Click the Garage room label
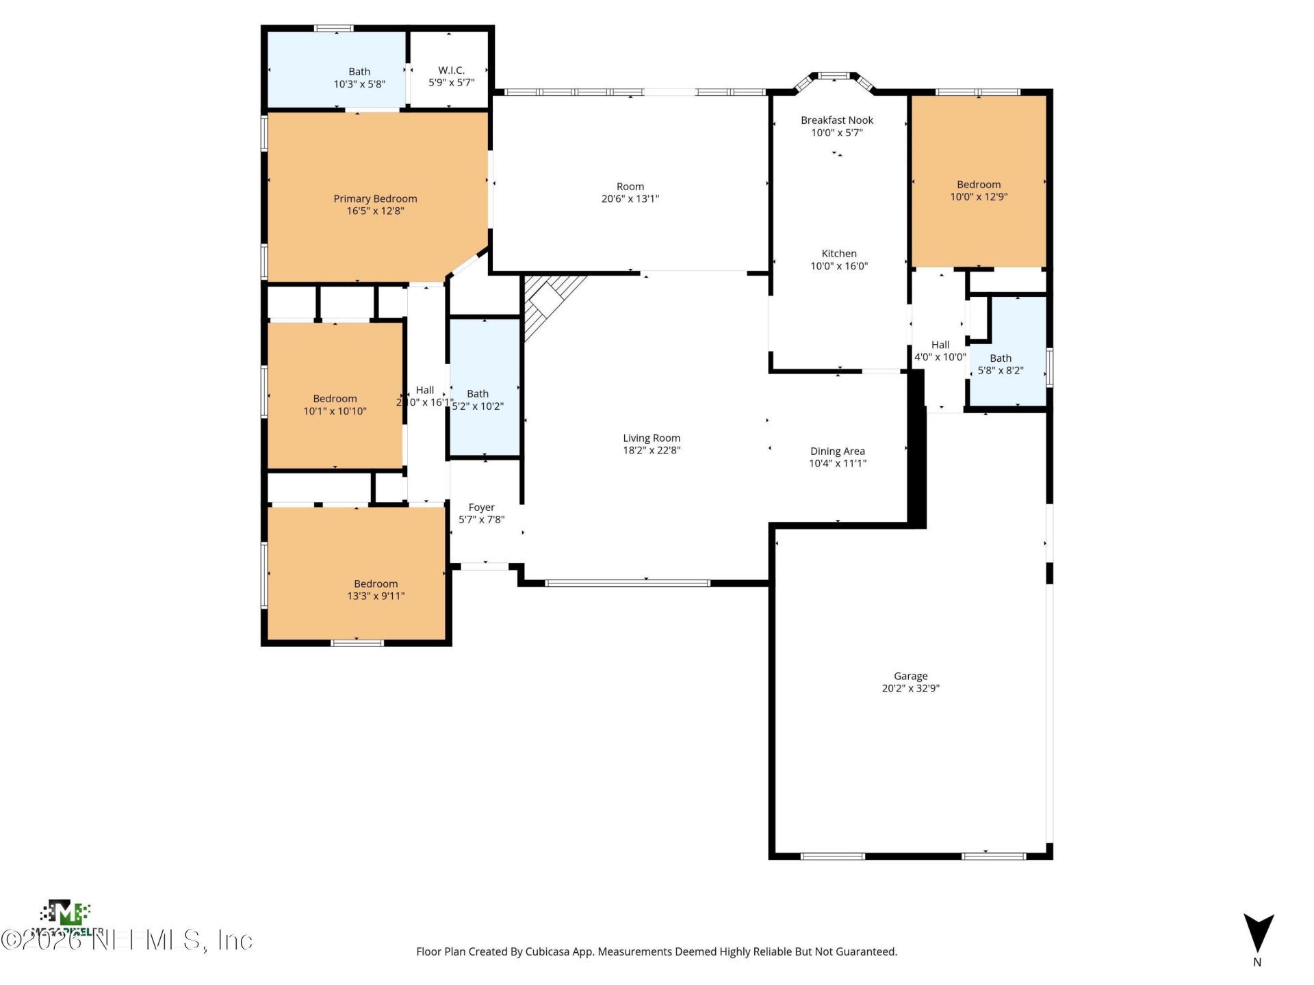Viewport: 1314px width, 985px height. (x=910, y=676)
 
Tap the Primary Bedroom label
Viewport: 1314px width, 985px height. (x=375, y=199)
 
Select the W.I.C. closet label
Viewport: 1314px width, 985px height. (x=451, y=70)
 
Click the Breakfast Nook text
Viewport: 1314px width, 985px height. (x=837, y=120)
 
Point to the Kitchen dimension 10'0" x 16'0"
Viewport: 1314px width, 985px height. (x=839, y=266)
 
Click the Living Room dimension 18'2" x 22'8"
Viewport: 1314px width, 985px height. (x=652, y=450)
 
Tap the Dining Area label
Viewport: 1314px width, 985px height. (x=837, y=451)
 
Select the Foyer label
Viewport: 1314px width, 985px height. (x=481, y=508)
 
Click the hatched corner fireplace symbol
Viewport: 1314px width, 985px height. (x=547, y=301)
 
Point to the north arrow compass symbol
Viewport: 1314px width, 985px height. (x=1258, y=933)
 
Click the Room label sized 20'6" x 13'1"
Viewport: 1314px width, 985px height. (x=630, y=187)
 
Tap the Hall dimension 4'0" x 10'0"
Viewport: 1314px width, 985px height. (x=940, y=357)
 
